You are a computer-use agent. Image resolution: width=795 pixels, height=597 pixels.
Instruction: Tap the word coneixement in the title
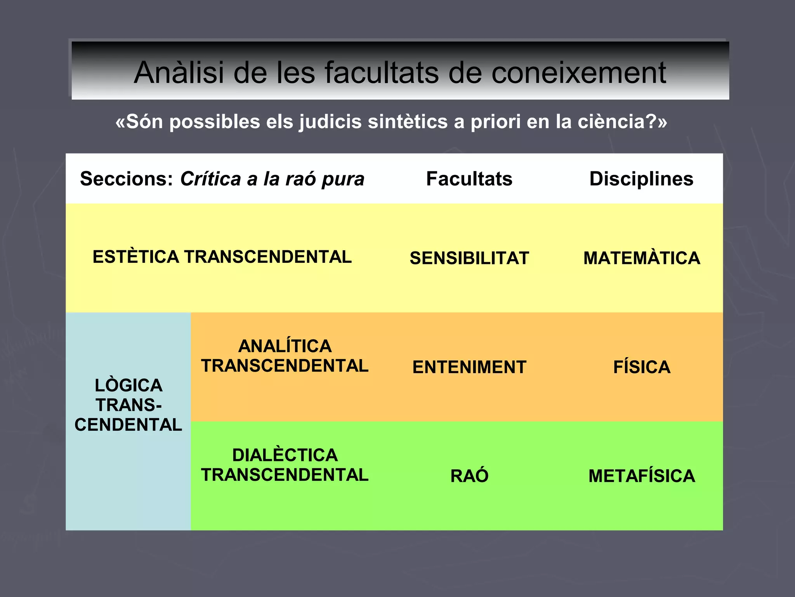[578, 73]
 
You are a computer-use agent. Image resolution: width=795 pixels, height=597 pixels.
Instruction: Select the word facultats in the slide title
[382, 73]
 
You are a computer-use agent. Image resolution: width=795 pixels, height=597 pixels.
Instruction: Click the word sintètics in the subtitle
[408, 122]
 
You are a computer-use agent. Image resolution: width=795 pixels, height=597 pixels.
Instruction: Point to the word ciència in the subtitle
[611, 122]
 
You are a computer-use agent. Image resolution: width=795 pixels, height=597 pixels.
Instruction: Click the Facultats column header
[469, 179]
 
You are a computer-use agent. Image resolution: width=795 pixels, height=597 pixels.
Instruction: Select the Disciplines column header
[641, 179]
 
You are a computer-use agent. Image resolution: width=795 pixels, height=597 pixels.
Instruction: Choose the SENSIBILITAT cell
[469, 258]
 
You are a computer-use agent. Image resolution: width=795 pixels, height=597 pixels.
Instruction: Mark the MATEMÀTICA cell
[642, 258]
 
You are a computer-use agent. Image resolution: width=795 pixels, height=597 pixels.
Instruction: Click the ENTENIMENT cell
[469, 367]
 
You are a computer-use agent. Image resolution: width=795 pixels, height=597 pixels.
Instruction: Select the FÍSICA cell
[642, 367]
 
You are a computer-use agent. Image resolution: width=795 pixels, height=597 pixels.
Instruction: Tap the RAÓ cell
[469, 476]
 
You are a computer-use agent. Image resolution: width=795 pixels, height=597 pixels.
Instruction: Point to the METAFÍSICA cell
[642, 476]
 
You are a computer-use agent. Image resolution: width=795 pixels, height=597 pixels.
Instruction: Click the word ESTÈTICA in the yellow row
[135, 257]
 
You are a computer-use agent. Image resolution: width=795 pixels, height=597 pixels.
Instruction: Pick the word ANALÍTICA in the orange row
[285, 346]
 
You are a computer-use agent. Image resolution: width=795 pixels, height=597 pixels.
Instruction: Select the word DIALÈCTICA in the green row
[285, 455]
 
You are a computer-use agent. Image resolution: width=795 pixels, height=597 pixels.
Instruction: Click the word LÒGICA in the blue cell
[128, 385]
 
